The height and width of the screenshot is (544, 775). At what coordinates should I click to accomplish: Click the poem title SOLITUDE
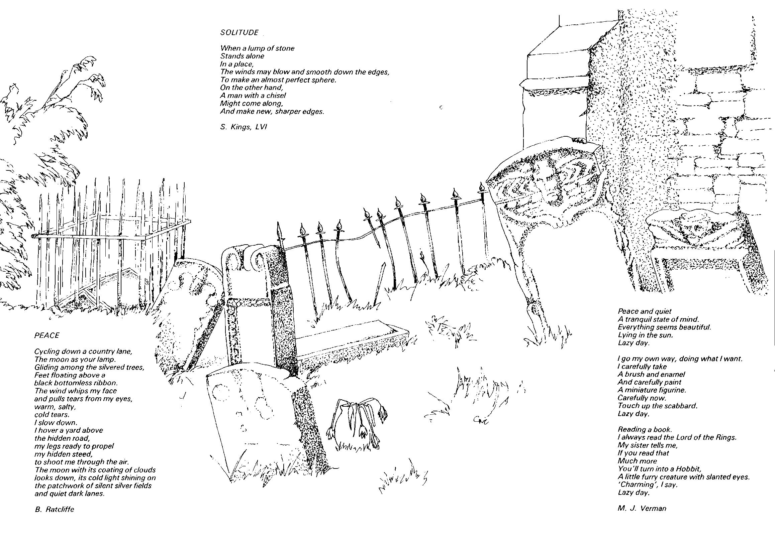click(239, 33)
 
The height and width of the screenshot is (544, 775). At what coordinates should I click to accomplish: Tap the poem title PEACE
click(46, 335)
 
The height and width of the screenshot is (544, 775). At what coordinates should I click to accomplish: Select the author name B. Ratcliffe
click(54, 509)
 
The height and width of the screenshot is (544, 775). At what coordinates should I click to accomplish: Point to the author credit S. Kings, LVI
click(244, 127)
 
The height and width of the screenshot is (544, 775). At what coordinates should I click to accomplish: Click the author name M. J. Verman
click(642, 508)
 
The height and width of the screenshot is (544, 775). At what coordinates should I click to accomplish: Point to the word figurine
click(674, 390)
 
